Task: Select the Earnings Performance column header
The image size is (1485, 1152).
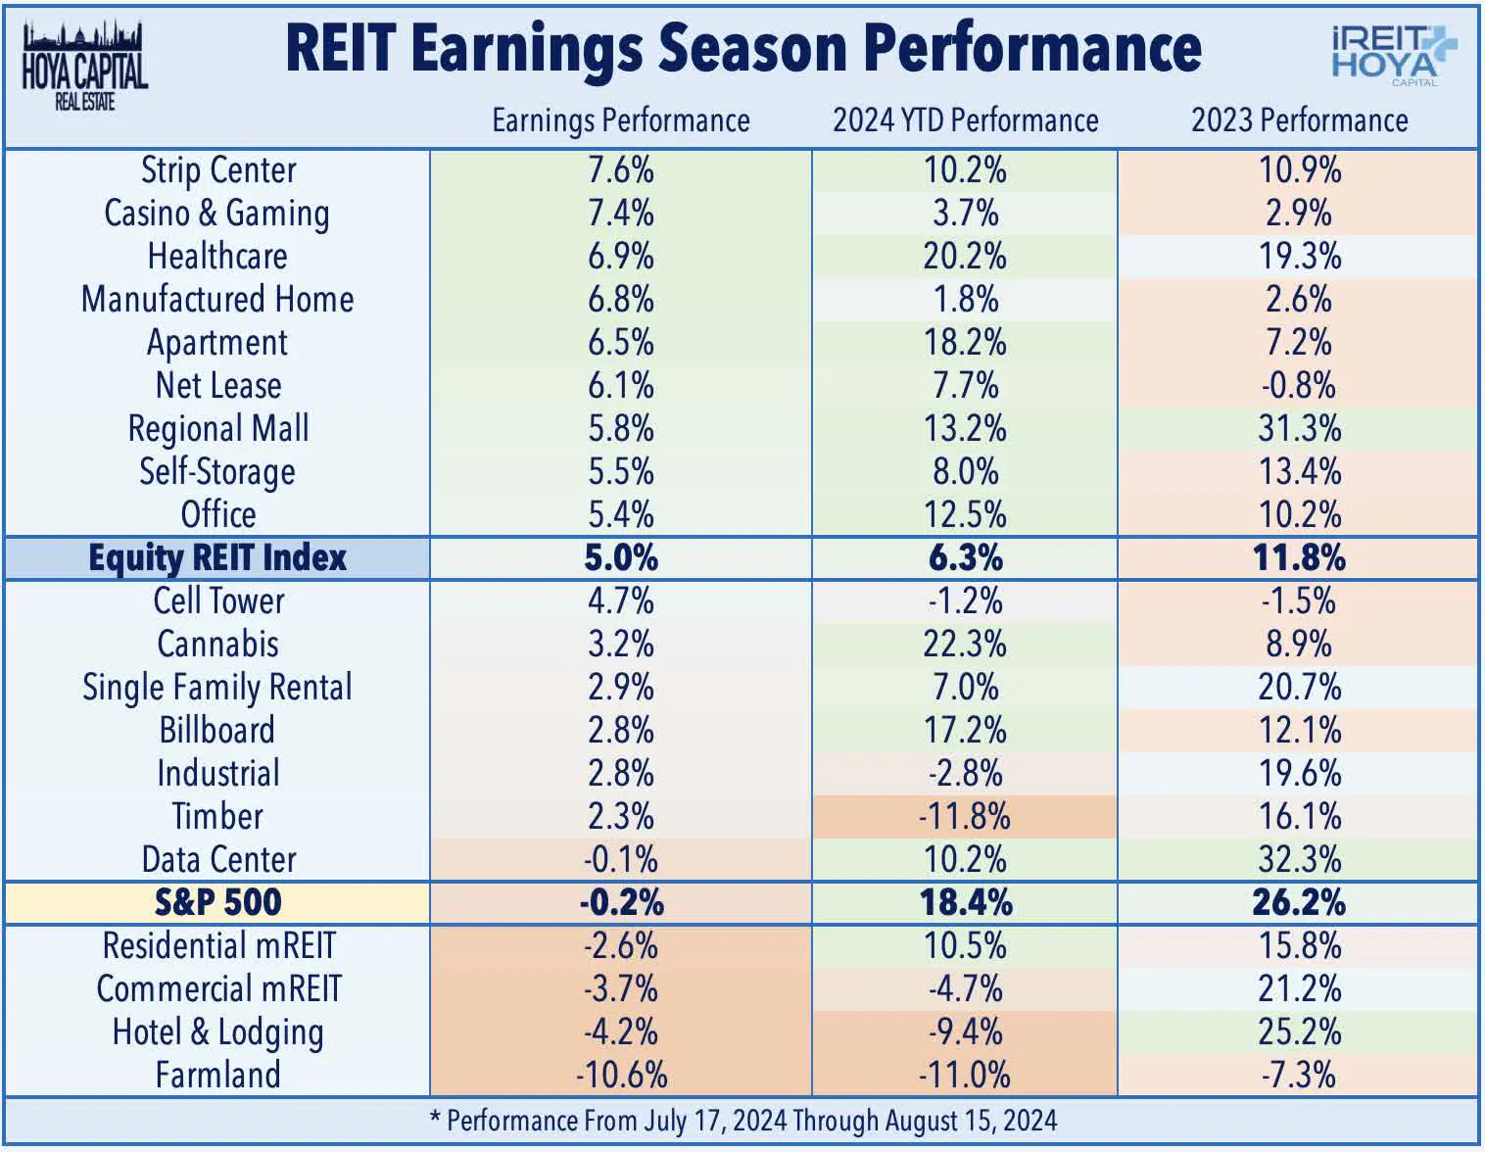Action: (620, 120)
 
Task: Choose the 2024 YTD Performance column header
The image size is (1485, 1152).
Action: (965, 120)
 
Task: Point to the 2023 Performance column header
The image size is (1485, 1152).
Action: (1299, 120)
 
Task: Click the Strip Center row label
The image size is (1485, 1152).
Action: (217, 170)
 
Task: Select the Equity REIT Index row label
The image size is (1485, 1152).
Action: (217, 558)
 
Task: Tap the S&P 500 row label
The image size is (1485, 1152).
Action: (217, 902)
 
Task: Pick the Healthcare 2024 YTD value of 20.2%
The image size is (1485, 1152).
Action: (965, 257)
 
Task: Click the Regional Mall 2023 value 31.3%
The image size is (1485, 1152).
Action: (1299, 429)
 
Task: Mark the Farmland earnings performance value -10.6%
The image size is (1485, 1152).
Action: (621, 1075)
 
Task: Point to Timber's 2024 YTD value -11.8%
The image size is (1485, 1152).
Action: (965, 816)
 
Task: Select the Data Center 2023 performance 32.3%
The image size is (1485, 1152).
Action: (1299, 859)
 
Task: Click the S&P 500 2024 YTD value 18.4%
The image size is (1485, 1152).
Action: (965, 902)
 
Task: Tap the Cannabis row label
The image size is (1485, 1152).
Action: (217, 645)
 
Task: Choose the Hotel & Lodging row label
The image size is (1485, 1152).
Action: (217, 1032)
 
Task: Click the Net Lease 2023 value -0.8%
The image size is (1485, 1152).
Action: (1299, 386)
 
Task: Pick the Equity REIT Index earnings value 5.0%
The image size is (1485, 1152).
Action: (621, 558)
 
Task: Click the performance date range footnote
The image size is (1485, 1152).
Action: (742, 1121)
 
